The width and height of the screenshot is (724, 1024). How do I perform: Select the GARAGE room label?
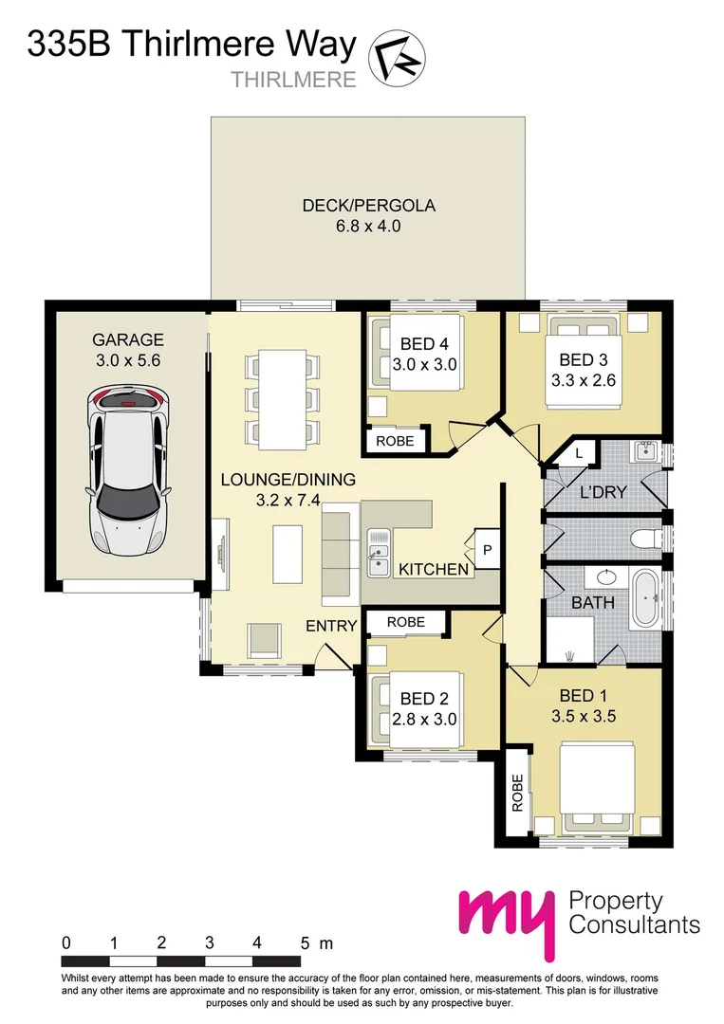pyautogui.click(x=128, y=339)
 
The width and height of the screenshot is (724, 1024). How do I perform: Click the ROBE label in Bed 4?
pyautogui.click(x=394, y=441)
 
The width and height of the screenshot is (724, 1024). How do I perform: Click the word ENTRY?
pyautogui.click(x=330, y=626)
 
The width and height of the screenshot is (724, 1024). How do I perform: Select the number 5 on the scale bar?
pyautogui.click(x=306, y=943)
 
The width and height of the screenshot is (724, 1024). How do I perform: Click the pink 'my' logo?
pyautogui.click(x=504, y=919)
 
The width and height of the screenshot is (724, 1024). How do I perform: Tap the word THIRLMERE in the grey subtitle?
pyautogui.click(x=294, y=80)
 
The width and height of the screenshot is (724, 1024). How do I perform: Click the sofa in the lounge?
pyautogui.click(x=338, y=555)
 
